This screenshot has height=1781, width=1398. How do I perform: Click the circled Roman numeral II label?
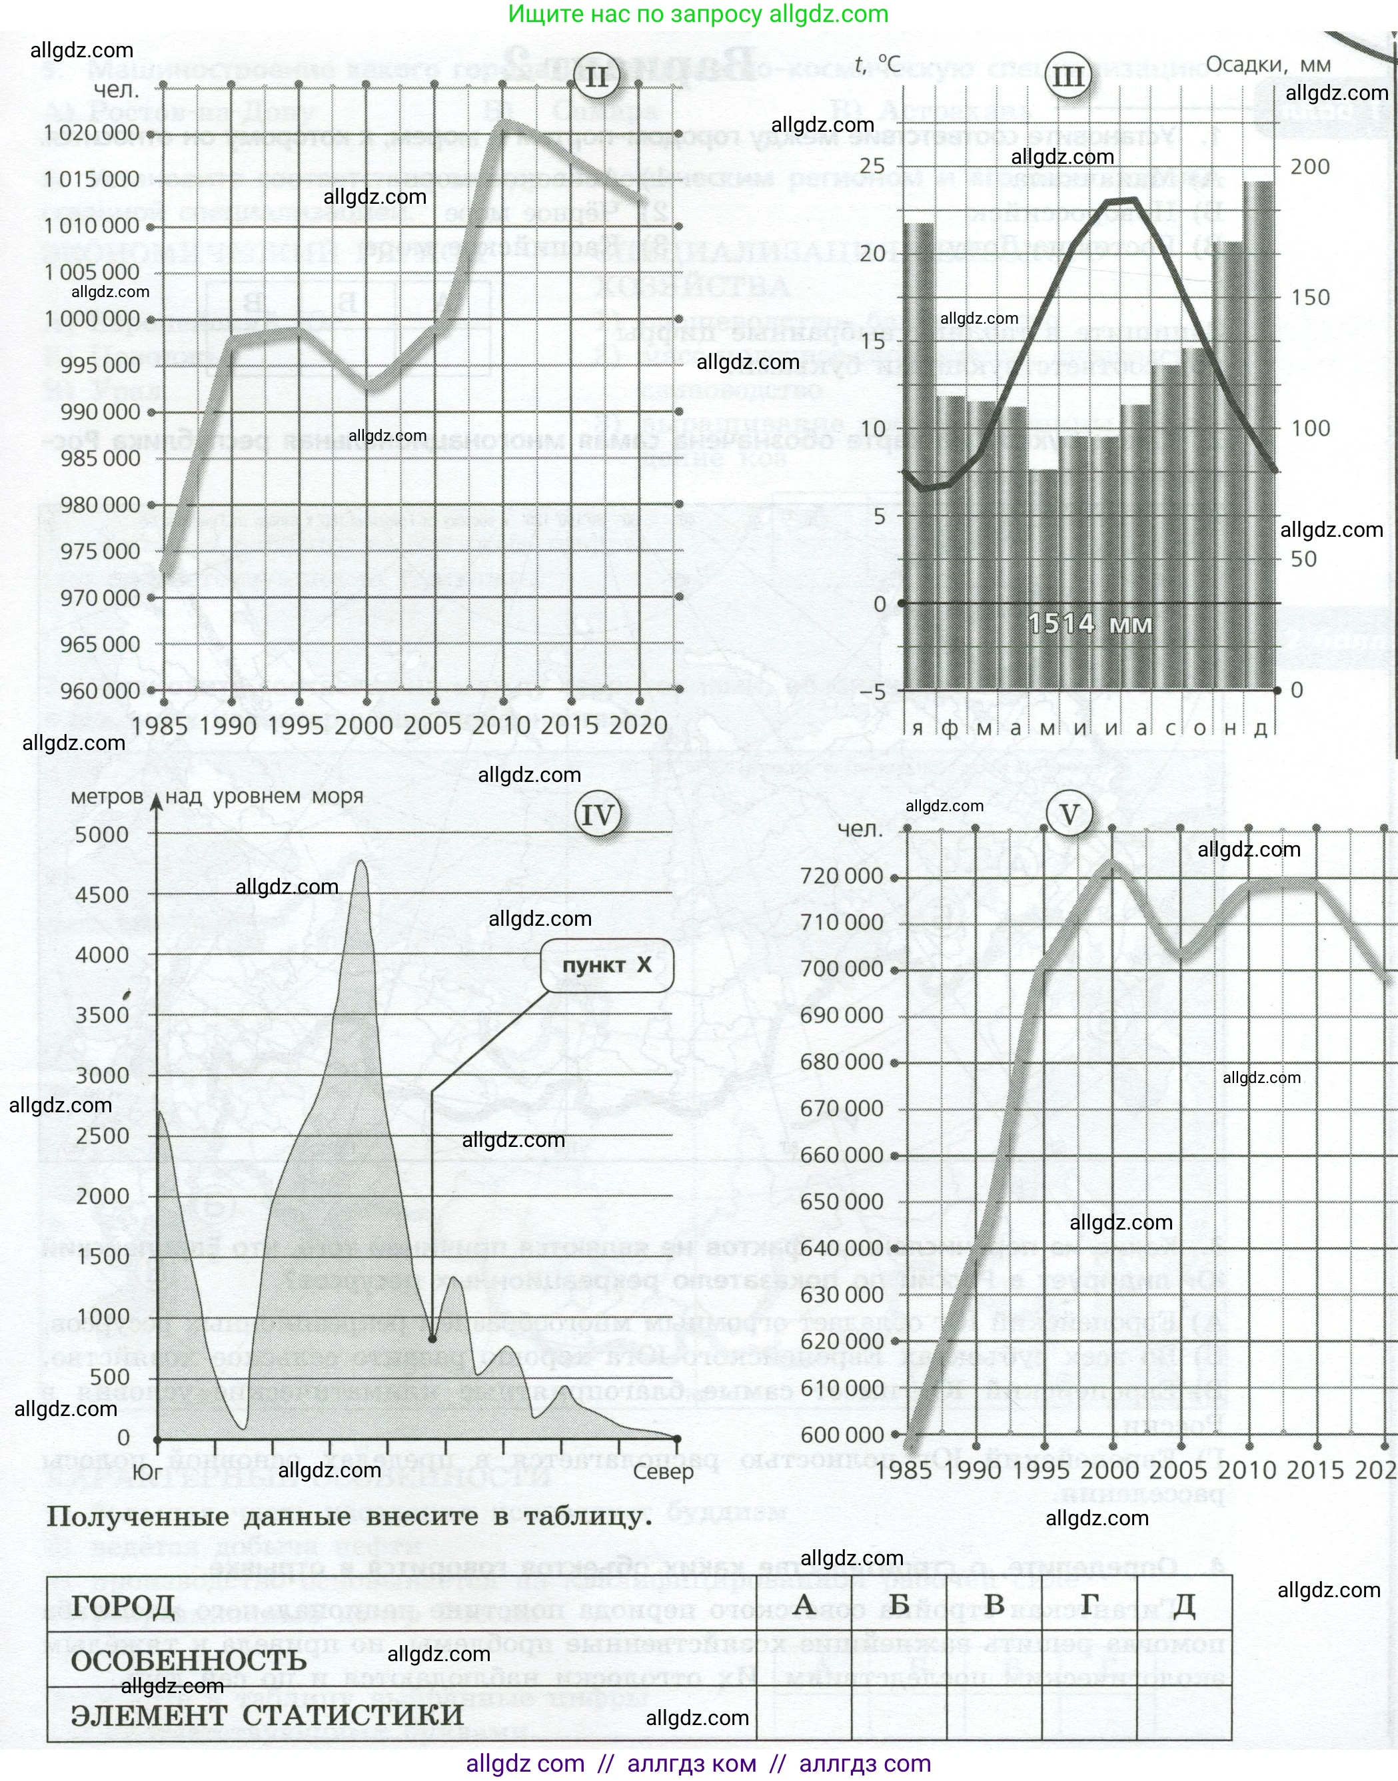click(596, 77)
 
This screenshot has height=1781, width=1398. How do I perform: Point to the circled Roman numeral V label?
click(1069, 815)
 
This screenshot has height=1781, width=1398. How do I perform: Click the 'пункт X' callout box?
click(606, 965)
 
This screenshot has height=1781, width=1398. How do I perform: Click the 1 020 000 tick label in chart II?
click(92, 133)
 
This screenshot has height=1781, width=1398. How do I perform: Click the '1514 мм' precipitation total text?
click(1089, 624)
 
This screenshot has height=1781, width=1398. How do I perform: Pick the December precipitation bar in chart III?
click(1259, 434)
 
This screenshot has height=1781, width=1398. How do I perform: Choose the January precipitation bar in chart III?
click(918, 455)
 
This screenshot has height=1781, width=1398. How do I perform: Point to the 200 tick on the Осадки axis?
click(1309, 167)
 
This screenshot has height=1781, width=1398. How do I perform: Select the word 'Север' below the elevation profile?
click(663, 1472)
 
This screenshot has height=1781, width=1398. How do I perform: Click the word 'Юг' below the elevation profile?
click(147, 1472)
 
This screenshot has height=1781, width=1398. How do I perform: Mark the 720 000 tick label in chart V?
click(842, 877)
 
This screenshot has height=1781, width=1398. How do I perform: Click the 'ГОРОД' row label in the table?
click(123, 1606)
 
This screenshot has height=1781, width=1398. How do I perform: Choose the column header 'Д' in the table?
click(1183, 1605)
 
